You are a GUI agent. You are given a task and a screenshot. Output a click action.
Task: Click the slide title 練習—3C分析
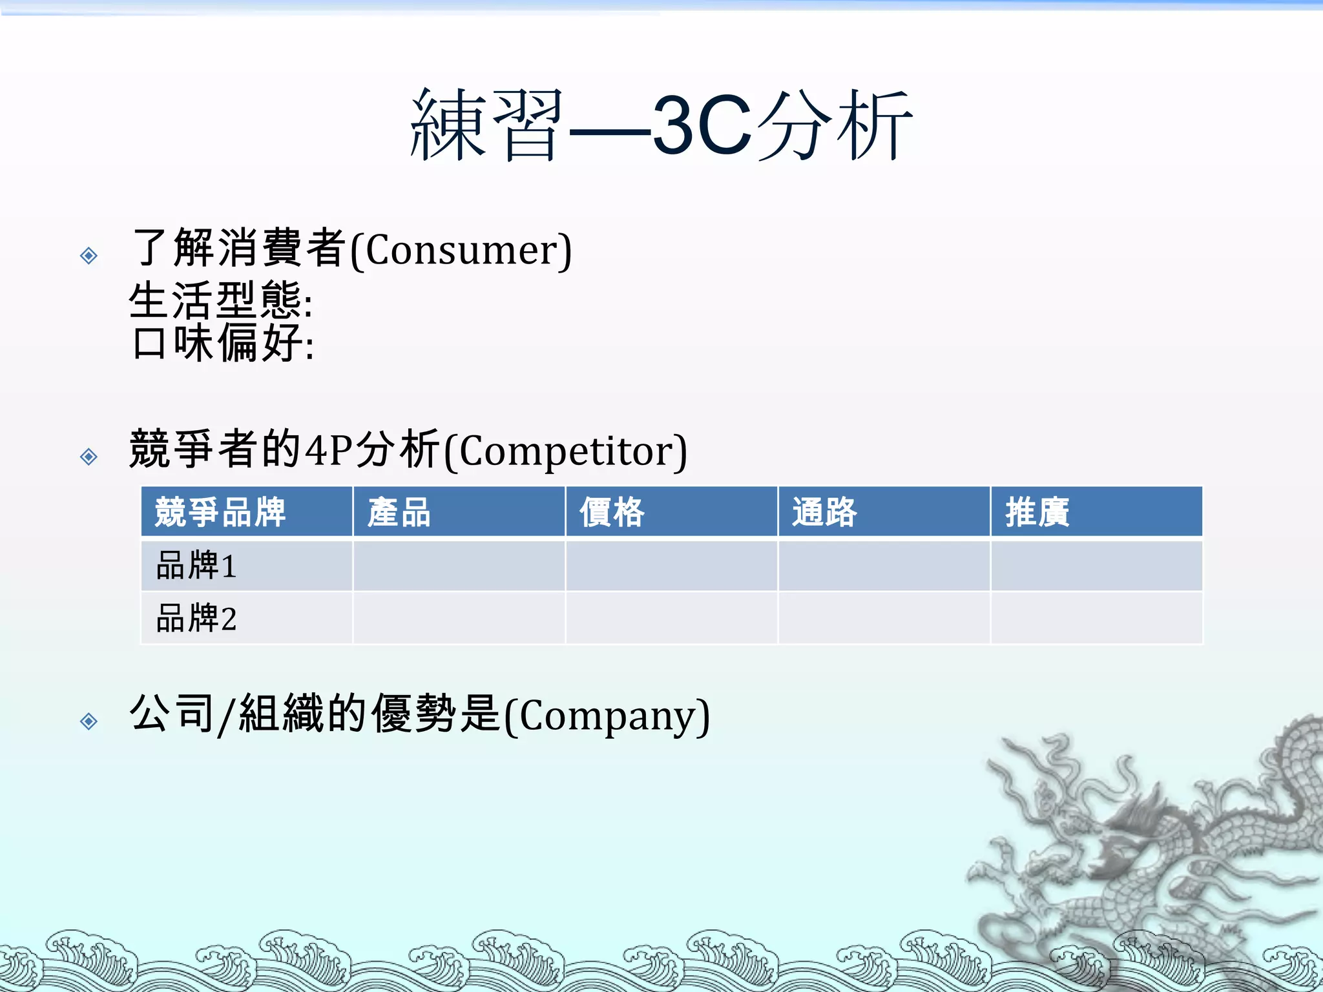coord(661,125)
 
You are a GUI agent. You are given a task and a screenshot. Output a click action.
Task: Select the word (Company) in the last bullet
coord(607,716)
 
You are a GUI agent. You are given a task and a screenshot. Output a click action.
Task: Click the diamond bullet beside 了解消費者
coord(89,256)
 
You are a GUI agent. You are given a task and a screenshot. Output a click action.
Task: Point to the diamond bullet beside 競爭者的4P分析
coord(89,457)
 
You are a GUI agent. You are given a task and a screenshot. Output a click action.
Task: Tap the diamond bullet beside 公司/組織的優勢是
coord(89,721)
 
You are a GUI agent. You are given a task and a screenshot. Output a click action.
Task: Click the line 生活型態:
coord(221,301)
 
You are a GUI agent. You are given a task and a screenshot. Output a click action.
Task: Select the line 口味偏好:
coord(223,343)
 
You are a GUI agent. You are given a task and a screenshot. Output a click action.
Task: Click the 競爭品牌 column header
coord(220,512)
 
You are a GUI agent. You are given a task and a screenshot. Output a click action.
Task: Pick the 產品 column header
coord(399,512)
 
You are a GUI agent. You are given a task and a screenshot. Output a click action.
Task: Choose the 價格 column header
coord(612,512)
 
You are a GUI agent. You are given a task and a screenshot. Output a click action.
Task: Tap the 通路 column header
coord(824,512)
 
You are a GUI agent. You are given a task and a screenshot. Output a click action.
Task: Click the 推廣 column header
coord(1037,512)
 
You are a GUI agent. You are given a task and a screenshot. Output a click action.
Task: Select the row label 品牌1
coord(196,565)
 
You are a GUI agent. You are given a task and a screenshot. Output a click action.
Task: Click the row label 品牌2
coord(196,618)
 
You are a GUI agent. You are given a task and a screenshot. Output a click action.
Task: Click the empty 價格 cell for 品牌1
coord(671,565)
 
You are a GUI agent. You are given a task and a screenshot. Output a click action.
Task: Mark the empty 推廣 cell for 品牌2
coord(1096,618)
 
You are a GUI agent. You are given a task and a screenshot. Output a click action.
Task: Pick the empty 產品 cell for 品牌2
coord(459,618)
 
